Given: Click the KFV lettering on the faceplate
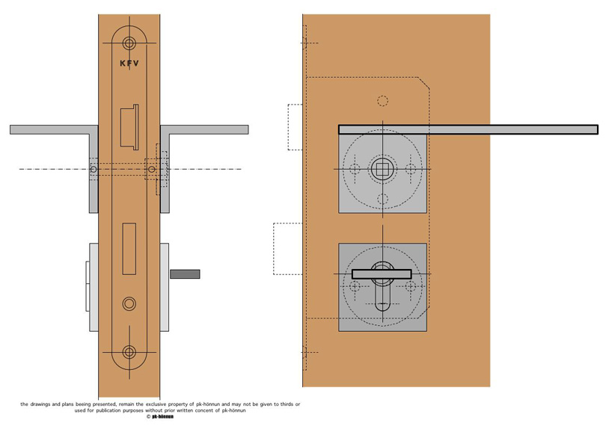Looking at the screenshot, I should [129, 64].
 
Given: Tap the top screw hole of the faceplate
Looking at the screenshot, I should [129, 43].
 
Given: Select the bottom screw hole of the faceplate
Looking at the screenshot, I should [129, 352].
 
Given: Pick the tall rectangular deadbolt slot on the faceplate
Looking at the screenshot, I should [129, 248].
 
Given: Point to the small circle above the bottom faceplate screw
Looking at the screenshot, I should [129, 303].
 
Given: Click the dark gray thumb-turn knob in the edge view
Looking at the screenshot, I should [185, 274].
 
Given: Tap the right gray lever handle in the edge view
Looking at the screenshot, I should [204, 130].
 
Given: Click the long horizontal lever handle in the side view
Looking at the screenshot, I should [468, 129].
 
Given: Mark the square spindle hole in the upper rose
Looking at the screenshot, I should [382, 169].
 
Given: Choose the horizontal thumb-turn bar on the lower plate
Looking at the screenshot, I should [382, 274].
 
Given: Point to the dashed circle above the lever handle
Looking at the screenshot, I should [382, 101].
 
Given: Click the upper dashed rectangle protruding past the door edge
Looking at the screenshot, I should [295, 127].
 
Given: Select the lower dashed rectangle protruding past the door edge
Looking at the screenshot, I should [287, 248].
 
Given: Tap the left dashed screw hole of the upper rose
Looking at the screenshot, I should [355, 169].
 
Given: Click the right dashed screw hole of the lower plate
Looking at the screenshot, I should [410, 286].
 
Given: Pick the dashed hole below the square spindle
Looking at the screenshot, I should [382, 199].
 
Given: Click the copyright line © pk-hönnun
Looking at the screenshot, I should [159, 417].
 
